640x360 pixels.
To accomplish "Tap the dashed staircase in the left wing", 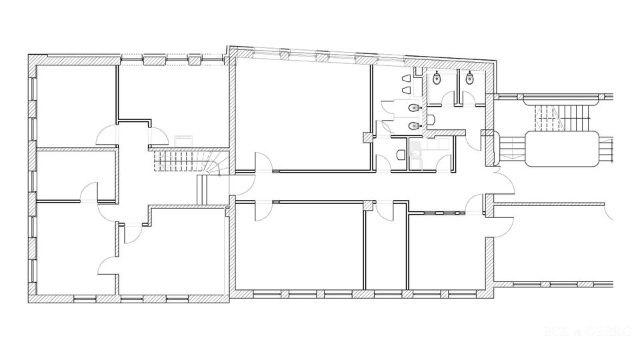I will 177,161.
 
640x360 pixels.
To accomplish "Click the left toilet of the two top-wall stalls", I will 437,79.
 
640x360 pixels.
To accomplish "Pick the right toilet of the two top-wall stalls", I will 471,79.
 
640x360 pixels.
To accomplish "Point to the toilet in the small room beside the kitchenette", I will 400,155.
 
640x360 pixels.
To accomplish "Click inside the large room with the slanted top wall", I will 300,113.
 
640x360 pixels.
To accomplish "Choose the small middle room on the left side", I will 73,175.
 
